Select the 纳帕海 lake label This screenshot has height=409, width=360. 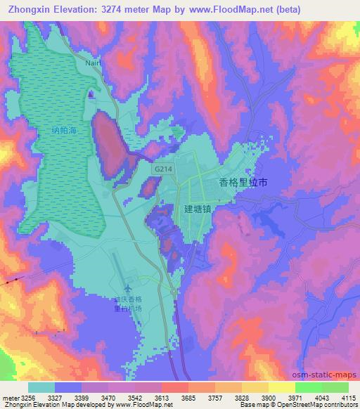pyautogui.click(x=64, y=130)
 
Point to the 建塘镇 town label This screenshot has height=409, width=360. pyautogui.click(x=202, y=209)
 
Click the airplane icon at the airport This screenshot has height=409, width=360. pyautogui.click(x=128, y=288)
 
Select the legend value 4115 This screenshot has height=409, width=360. pyautogui.click(x=349, y=397)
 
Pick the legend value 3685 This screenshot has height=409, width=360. pyautogui.click(x=188, y=397)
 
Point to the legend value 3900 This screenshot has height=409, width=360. pyautogui.click(x=268, y=397)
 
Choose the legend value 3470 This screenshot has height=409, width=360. pyautogui.click(x=108, y=397)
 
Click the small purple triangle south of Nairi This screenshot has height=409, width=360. pyautogui.click(x=91, y=94)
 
